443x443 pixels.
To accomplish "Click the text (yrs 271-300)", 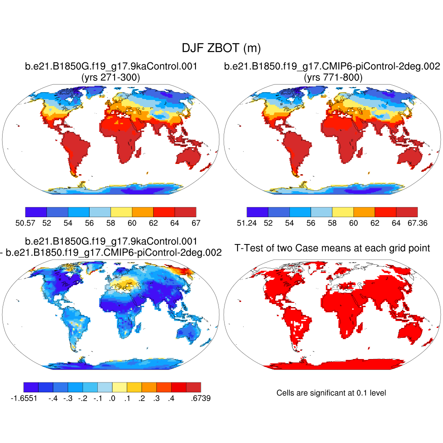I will pyautogui.click(x=111, y=77).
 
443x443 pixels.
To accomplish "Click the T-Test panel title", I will pyautogui.click(x=332, y=248).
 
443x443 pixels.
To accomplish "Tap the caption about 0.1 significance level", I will pyautogui.click(x=331, y=393).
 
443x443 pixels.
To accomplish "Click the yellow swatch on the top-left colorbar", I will pyautogui.click(x=121, y=212).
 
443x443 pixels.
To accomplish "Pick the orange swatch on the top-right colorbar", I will pyautogui.click(x=364, y=212).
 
